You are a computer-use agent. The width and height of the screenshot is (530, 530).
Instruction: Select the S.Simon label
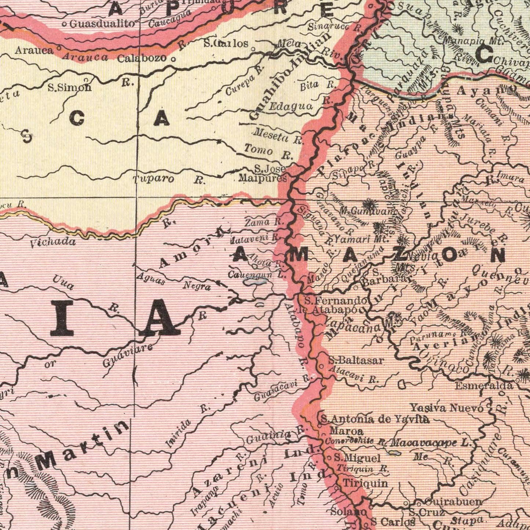[69, 87]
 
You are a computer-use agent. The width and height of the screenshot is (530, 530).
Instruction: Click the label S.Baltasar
[356, 360]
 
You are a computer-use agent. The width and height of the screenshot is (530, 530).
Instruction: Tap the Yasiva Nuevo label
[446, 407]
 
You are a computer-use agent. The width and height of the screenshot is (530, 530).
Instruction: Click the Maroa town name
[347, 431]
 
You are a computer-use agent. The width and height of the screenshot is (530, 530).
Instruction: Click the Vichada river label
[53, 242]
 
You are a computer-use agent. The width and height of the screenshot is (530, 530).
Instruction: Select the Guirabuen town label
[453, 501]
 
